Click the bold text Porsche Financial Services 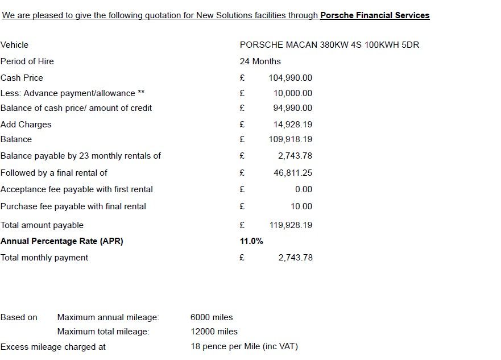375,15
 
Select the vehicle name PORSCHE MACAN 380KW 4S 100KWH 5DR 329,45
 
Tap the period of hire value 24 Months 260,61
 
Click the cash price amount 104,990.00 290,78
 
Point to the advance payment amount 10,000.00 292,93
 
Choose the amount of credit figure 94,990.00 292,108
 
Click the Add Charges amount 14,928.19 292,125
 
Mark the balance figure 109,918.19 290,139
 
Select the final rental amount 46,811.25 292,173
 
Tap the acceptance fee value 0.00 303,189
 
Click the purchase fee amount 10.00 301,206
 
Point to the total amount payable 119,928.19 290,225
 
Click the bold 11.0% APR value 251,241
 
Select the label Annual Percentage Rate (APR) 62,241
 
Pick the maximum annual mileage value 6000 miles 212,317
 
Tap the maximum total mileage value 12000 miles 214,332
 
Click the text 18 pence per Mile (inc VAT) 244,346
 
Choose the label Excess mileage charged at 53,346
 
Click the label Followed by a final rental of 54,173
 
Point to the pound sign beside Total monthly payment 242,258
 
